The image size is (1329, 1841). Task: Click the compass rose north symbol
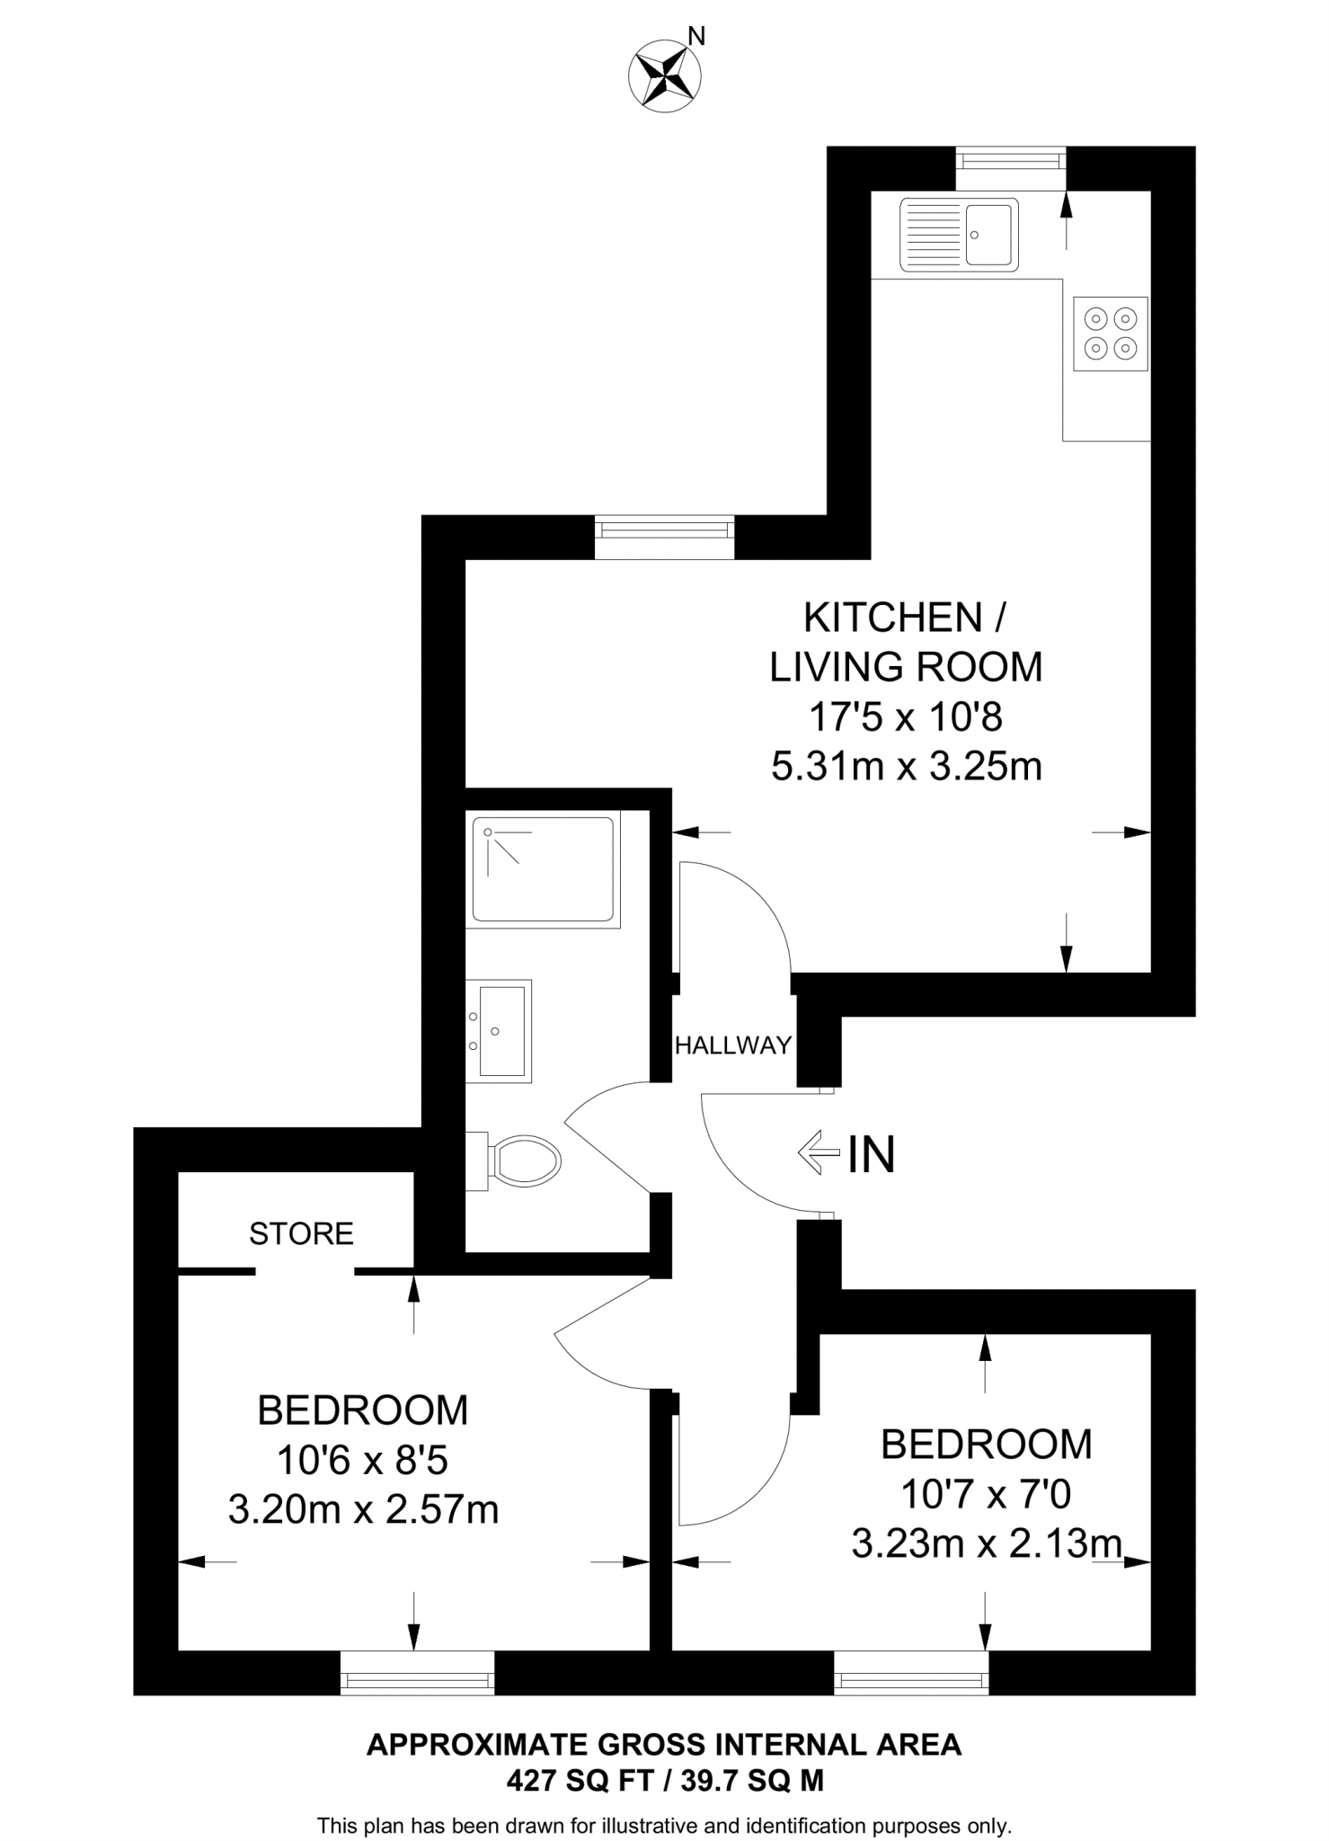tap(664, 76)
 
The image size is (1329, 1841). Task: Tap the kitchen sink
tap(959, 235)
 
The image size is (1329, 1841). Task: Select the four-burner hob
tap(1111, 334)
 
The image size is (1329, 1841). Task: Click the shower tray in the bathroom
tap(543, 868)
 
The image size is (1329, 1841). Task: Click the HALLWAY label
tap(732, 1045)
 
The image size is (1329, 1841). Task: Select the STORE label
tap(301, 1233)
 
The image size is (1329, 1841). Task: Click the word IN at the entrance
tap(871, 1155)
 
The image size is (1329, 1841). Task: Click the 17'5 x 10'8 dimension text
tap(906, 717)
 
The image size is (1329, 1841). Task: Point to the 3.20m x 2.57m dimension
tap(363, 1509)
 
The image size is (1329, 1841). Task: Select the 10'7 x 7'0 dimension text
tap(986, 1495)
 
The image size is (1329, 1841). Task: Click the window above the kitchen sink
tap(1011, 162)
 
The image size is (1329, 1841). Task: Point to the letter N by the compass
tap(696, 36)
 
